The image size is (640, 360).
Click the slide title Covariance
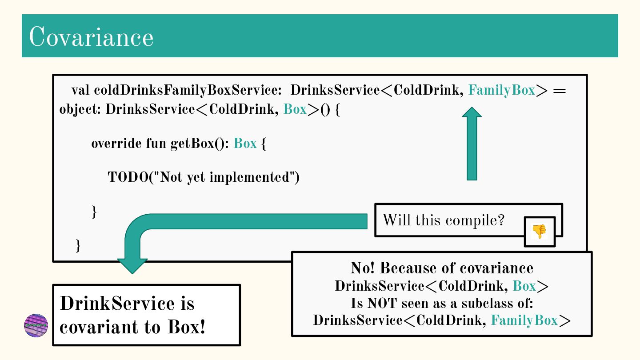point(91,36)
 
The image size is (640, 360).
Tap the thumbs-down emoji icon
point(539,232)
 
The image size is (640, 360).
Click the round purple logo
point(36,325)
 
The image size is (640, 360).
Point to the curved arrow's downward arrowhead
point(132,265)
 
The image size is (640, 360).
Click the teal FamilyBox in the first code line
point(501,90)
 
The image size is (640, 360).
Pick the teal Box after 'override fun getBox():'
point(245,144)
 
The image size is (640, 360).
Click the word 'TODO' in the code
point(127,177)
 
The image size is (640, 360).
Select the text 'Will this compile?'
point(443,220)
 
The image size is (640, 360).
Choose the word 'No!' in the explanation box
point(363,268)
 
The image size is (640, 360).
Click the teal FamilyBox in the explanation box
point(524,320)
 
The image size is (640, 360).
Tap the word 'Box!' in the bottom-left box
point(187,327)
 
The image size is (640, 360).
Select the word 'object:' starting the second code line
point(80,109)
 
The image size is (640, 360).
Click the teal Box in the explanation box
point(524,286)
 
